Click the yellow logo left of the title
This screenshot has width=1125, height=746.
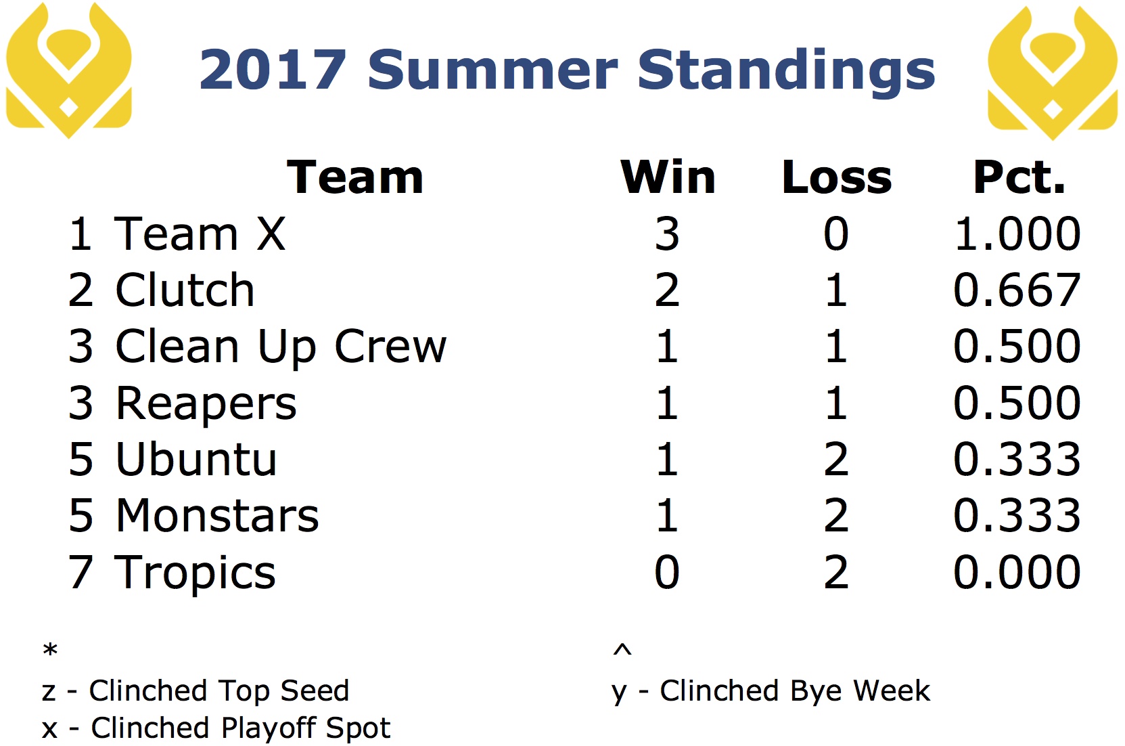[x=69, y=70]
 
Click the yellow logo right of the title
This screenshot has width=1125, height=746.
[x=1053, y=72]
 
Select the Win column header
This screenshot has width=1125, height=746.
[x=668, y=177]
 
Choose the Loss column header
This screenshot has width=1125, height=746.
[x=837, y=177]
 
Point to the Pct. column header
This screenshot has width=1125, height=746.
[x=1019, y=177]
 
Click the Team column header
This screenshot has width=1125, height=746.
[x=355, y=177]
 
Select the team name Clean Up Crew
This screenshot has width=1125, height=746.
[x=281, y=347]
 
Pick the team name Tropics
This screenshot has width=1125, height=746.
[x=195, y=574]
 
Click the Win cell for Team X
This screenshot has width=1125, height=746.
[x=667, y=234]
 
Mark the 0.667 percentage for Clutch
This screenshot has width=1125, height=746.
[x=1017, y=290]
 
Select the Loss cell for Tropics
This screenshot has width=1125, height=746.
[x=836, y=572]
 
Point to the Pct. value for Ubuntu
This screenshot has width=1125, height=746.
[x=1017, y=459]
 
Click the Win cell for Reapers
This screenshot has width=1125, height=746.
[x=668, y=403]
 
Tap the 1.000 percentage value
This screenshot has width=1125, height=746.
[x=1017, y=234]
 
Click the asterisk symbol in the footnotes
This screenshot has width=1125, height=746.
[x=50, y=650]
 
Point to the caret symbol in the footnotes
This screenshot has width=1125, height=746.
[x=622, y=649]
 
